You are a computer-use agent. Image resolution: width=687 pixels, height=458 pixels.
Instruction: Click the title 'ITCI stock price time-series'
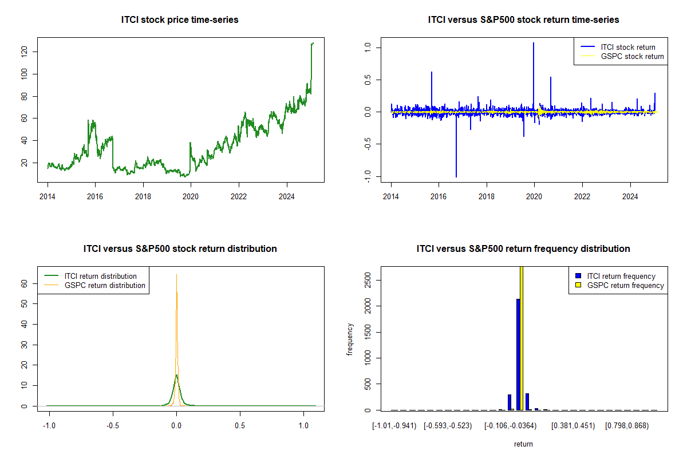pyautogui.click(x=180, y=20)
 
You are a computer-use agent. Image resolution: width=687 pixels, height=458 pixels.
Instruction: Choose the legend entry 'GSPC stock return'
pyautogui.click(x=632, y=57)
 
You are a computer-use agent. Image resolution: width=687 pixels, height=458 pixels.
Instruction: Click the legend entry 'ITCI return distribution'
pyautogui.click(x=101, y=276)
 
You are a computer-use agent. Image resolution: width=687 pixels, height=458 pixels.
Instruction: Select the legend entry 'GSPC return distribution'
pyautogui.click(x=105, y=285)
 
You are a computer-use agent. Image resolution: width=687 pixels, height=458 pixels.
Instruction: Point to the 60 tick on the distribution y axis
pyautogui.click(x=24, y=283)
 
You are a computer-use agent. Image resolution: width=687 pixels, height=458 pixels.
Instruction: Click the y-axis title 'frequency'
pyautogui.click(x=350, y=339)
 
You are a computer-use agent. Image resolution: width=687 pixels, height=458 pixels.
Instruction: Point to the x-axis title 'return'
pyautogui.click(x=523, y=444)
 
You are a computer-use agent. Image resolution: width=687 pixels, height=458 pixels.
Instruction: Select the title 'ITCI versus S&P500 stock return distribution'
pyautogui.click(x=180, y=249)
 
